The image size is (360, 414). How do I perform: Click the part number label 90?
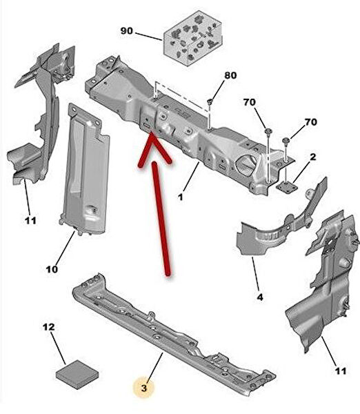tap(127, 31)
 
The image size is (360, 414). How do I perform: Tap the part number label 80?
tap(230, 75)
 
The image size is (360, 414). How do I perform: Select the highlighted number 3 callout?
tap(144, 388)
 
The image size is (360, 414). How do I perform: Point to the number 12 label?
tap(49, 327)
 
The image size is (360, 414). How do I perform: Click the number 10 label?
tap(52, 270)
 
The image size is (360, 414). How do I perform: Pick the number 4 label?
tap(260, 297)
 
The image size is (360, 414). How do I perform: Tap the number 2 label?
tap(312, 157)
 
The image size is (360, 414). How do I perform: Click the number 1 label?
tap(180, 197)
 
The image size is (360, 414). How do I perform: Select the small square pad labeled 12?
tap(77, 375)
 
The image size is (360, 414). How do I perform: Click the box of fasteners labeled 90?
tap(192, 39)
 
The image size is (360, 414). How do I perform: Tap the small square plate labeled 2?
tap(287, 185)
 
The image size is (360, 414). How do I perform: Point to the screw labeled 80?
tap(210, 101)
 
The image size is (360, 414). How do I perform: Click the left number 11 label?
tap(30, 221)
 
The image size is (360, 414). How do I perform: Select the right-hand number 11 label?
tap(341, 371)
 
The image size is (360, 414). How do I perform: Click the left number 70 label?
tap(250, 102)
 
